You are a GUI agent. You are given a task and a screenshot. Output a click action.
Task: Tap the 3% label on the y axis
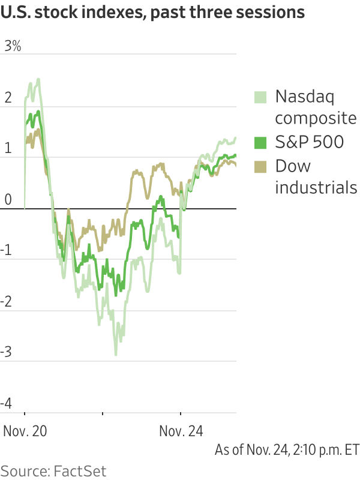pyautogui.click(x=13, y=46)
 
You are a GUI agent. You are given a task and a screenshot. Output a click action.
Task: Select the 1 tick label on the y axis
pyautogui.click(x=8, y=148)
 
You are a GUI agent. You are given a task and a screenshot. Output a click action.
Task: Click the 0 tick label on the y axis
pyautogui.click(x=7, y=199)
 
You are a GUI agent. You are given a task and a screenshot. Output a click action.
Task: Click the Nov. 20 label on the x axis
pyautogui.click(x=25, y=430)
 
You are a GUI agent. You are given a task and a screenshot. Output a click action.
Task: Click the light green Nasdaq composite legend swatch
pyautogui.click(x=260, y=96)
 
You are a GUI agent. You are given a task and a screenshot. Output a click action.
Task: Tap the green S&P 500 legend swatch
pyautogui.click(x=260, y=142)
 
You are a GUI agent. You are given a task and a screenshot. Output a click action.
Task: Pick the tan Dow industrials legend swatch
pyautogui.click(x=260, y=166)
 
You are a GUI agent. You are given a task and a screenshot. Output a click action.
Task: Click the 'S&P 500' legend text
pyautogui.click(x=309, y=142)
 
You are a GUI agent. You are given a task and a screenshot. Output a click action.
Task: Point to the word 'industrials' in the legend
pyautogui.click(x=316, y=187)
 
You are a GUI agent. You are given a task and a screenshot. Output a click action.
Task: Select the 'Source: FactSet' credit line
pyautogui.click(x=53, y=469)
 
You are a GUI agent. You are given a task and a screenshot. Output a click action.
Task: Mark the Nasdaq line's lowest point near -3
pyautogui.click(x=116, y=355)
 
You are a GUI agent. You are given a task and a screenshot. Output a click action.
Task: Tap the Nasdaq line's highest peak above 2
pyautogui.click(x=38, y=79)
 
